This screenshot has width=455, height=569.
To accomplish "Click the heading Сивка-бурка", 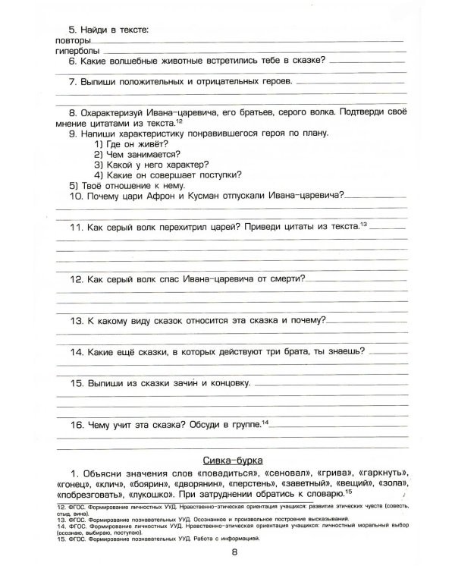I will click(x=234, y=460).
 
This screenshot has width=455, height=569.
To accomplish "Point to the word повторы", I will click(x=74, y=39).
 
